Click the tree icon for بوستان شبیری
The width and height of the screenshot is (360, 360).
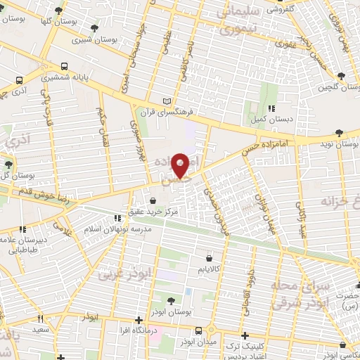point(95,27)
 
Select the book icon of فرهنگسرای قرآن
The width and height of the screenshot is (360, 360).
point(167,101)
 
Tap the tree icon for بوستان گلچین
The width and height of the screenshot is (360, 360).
point(341,76)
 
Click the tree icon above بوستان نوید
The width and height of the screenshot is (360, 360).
point(340,132)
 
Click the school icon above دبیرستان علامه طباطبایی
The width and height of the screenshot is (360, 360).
point(22,229)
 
